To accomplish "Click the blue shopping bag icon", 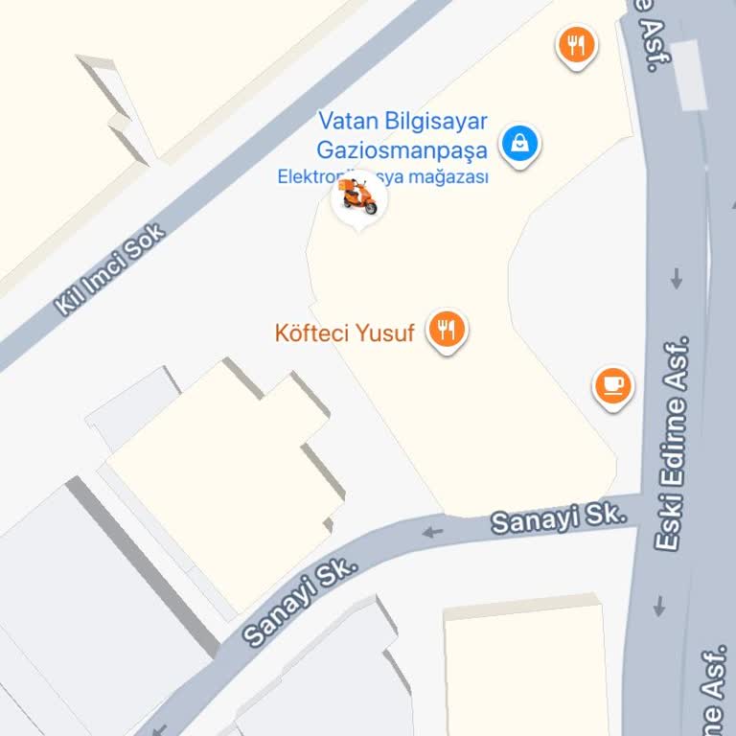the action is tap(519, 144).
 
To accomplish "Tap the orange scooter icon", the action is tap(359, 197).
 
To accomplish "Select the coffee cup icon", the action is tap(613, 385).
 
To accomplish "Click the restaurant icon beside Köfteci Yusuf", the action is tap(446, 331).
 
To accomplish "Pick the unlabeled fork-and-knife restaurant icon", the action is tap(576, 44).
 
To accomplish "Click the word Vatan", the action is tap(347, 122).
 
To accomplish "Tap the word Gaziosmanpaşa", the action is tap(402, 149).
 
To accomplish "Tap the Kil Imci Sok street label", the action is tap(110, 270).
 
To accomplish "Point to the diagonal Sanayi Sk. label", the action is tap(301, 602).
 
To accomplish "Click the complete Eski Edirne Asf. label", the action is tap(673, 443).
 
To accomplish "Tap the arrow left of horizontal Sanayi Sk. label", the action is tap(434, 531).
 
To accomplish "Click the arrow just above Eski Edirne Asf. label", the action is tap(677, 278).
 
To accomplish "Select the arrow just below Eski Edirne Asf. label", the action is tap(660, 606).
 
